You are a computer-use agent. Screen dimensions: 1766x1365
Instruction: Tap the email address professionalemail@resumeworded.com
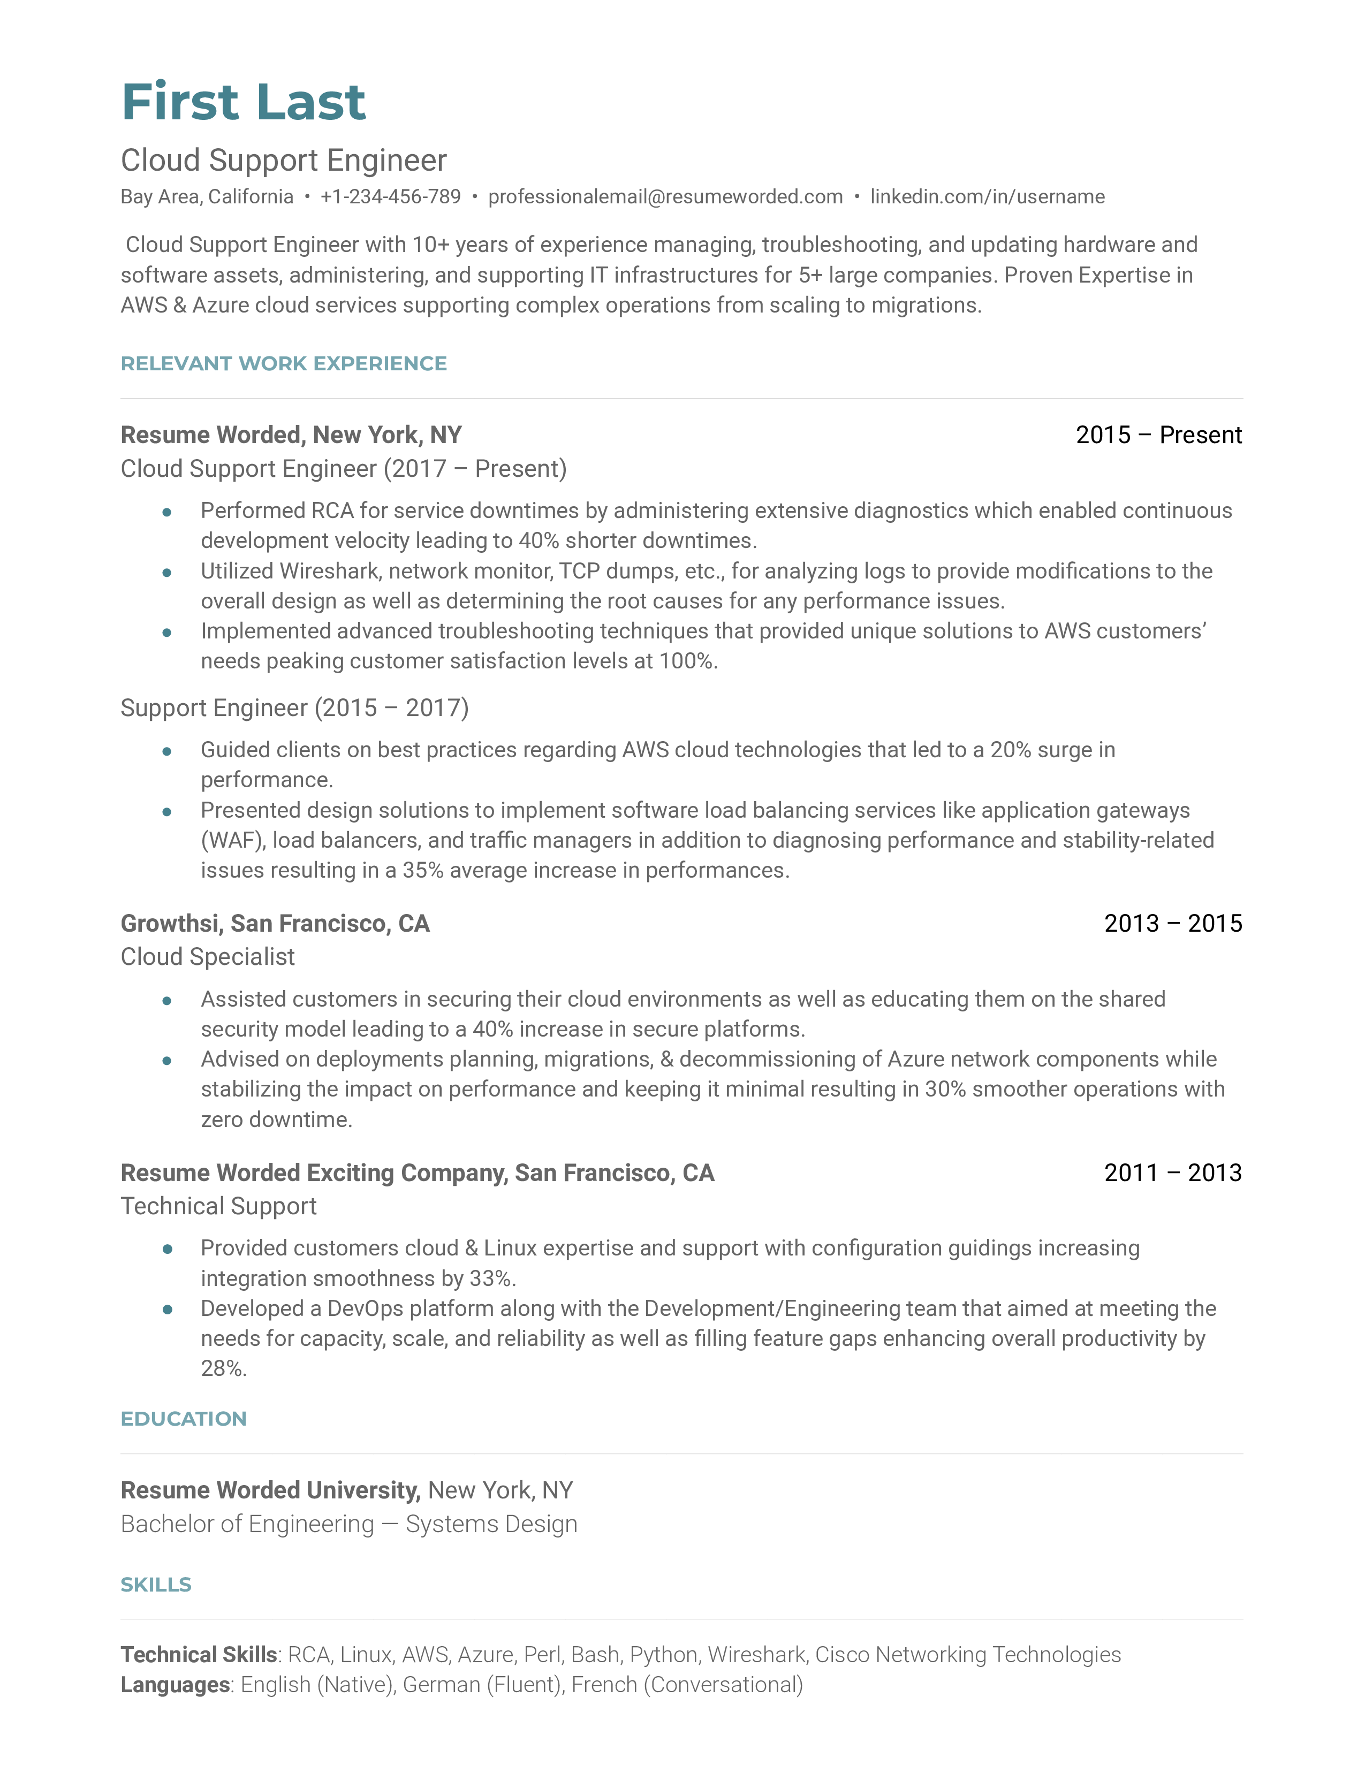(x=665, y=196)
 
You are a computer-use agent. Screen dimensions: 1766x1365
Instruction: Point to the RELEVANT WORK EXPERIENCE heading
(x=283, y=364)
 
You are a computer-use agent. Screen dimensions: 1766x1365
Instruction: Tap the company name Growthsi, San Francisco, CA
(x=275, y=924)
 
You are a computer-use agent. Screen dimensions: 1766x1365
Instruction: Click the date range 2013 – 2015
(x=1172, y=924)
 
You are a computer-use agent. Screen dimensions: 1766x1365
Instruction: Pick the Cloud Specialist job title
(x=208, y=957)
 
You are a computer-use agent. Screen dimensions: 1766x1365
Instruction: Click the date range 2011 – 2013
(x=1172, y=1173)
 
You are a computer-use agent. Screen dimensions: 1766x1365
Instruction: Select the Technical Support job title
(x=218, y=1206)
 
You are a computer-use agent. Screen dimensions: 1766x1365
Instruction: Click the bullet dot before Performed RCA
(x=166, y=512)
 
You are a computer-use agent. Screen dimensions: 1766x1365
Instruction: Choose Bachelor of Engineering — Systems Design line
(x=348, y=1524)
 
